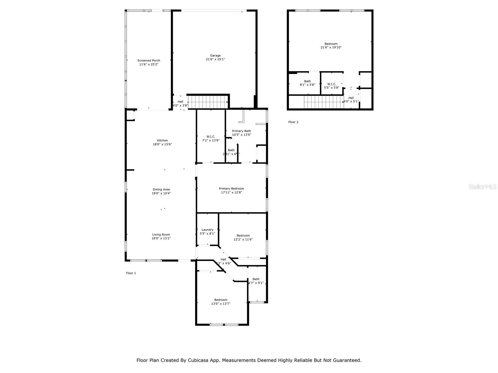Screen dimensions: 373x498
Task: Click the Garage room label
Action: pos(215,56)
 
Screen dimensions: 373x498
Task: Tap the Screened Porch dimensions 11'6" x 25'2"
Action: pos(149,64)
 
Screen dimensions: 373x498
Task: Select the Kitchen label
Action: pos(162,140)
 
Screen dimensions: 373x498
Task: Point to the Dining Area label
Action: pos(161,189)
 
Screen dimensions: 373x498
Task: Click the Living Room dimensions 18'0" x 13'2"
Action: pos(161,238)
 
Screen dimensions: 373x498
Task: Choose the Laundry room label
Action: pos(207,230)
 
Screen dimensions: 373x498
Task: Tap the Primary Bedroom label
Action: pos(231,188)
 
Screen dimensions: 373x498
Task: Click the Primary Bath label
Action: pos(241,131)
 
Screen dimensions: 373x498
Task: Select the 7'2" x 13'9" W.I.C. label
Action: pos(211,138)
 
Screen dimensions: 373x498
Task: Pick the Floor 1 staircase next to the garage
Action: pos(207,102)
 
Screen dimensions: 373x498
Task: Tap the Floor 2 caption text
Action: pos(293,122)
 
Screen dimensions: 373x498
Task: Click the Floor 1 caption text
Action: pos(131,273)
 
